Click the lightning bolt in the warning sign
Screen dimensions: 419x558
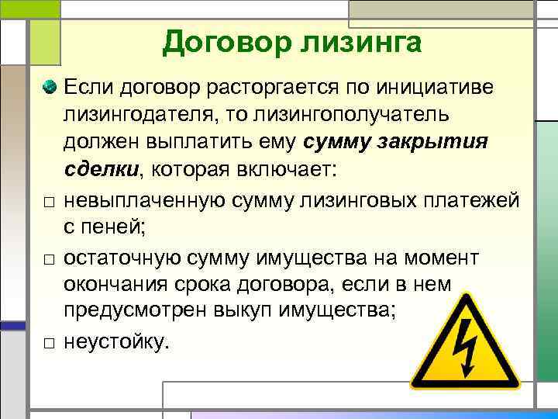point(465,345)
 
